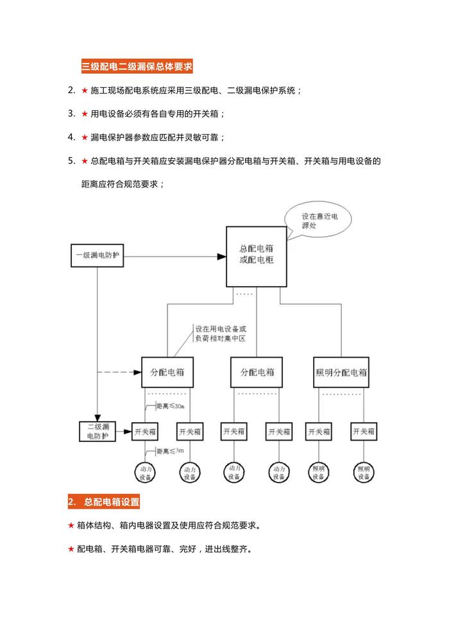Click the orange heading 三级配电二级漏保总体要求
click(x=137, y=65)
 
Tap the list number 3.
click(x=72, y=114)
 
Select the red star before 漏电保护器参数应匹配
click(x=85, y=137)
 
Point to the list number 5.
click(x=72, y=160)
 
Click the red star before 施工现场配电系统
click(x=85, y=90)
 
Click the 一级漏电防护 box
click(x=96, y=256)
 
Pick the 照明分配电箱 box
click(x=341, y=372)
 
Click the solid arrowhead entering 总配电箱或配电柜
click(x=221, y=257)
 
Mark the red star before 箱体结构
click(x=71, y=525)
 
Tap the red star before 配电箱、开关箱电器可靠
click(x=71, y=549)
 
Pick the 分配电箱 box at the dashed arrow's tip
click(x=167, y=372)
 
